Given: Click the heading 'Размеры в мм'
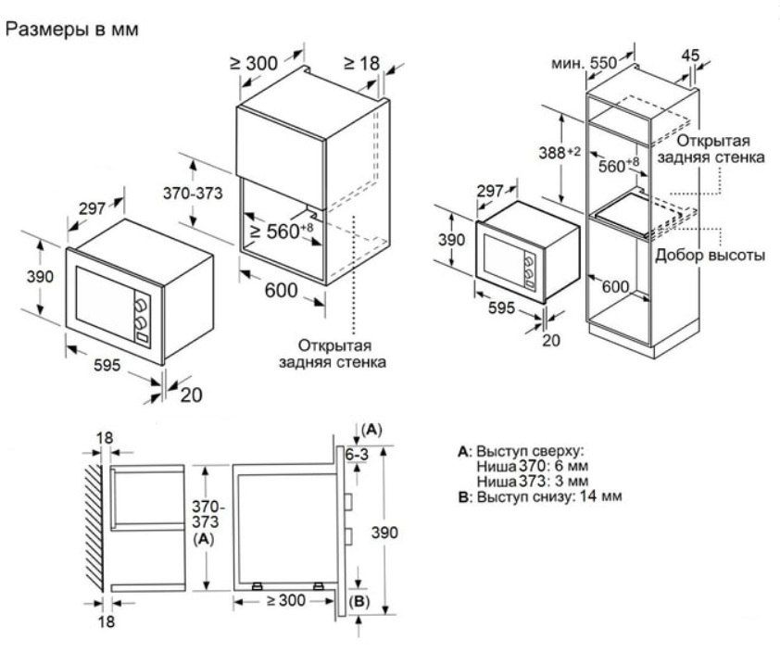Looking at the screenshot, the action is coord(71,30).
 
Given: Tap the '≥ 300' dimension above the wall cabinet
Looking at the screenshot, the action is coord(254,63).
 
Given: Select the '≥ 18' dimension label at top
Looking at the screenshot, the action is coord(362,63).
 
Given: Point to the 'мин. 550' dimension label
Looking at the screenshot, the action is coord(584,64).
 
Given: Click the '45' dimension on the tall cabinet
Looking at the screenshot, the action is coord(690,55).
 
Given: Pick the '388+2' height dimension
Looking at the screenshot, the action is coord(560,152).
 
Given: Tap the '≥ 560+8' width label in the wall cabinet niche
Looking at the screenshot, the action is coord(281,231).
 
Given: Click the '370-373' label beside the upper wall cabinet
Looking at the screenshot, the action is coord(193,193).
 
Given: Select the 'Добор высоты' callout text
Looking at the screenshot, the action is coord(710,255).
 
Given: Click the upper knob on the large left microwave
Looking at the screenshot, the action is coord(142,303).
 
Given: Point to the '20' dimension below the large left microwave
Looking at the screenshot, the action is coord(191,395).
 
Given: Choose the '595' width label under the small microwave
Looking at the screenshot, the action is coord(501,308).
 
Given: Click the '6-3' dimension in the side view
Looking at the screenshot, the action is coord(357,455).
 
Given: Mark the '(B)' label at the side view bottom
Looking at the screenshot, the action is coord(359,602).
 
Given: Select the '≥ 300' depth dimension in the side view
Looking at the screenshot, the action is coord(286,600).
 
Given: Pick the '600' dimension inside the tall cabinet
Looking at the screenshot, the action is coord(615,286).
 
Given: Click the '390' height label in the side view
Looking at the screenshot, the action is coord(384,533).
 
